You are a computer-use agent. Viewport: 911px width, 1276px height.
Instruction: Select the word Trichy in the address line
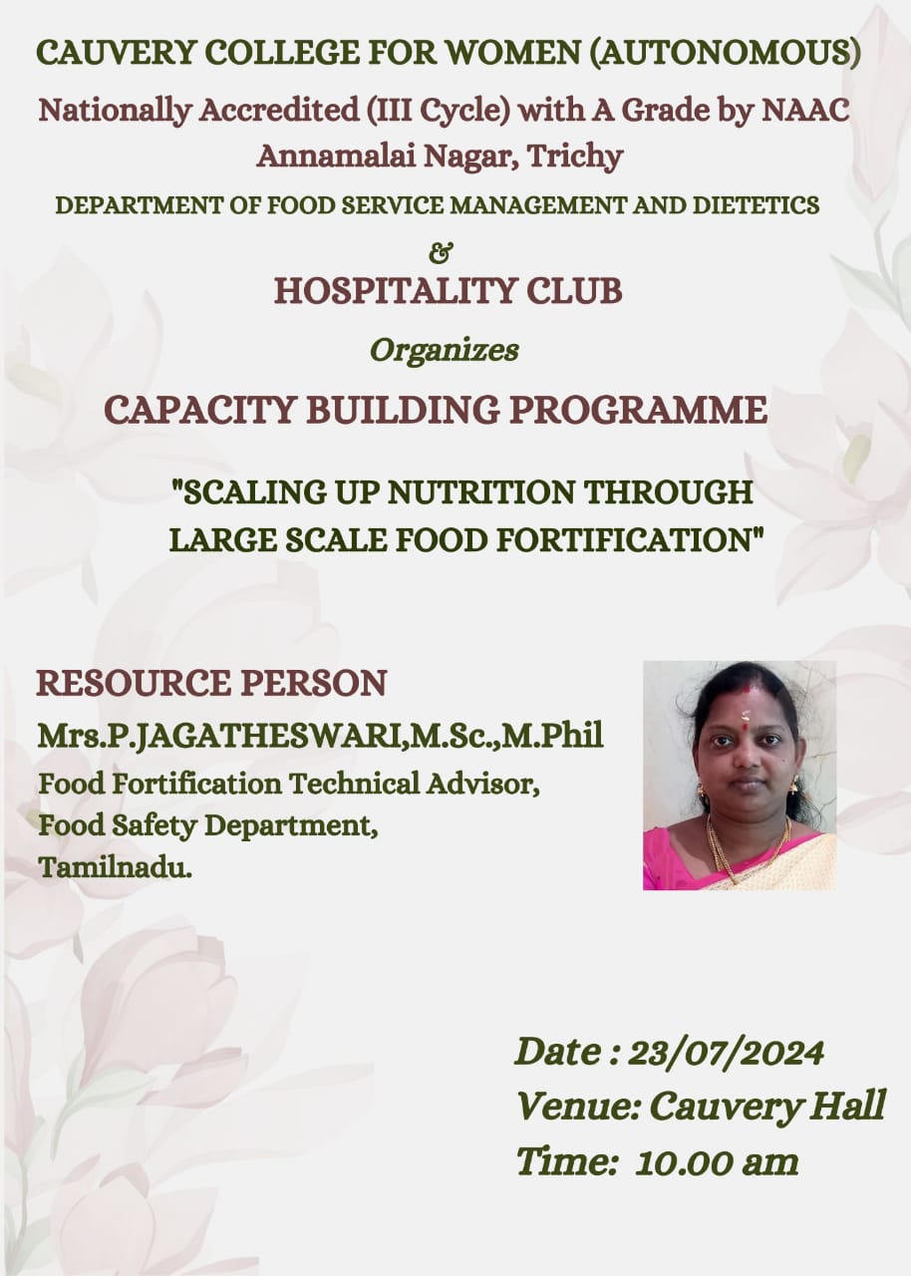pyautogui.click(x=575, y=157)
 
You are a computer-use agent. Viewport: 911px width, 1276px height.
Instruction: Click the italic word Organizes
pyautogui.click(x=445, y=350)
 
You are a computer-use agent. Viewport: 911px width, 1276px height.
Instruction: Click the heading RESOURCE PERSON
pyautogui.click(x=211, y=684)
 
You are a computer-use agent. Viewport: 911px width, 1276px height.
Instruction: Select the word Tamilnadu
pyautogui.click(x=115, y=867)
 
